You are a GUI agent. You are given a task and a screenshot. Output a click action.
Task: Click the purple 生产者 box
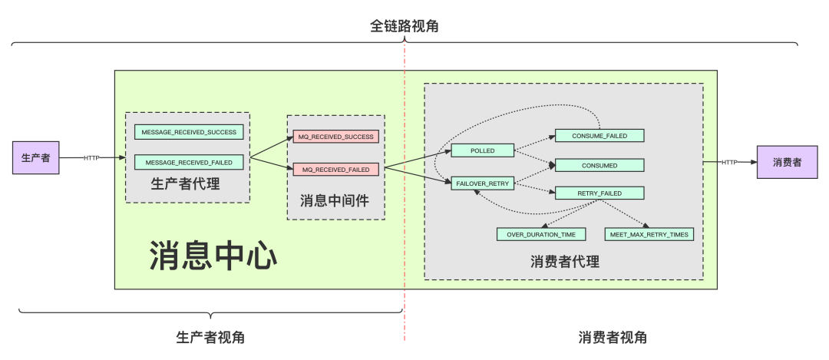(36, 158)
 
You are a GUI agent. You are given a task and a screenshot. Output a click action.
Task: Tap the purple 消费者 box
(787, 162)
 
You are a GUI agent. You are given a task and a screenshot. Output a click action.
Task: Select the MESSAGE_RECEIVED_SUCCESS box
(189, 132)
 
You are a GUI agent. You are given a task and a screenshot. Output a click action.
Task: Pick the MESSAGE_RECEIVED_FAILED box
(189, 162)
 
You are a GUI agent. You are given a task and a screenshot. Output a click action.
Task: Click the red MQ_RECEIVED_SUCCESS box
(336, 137)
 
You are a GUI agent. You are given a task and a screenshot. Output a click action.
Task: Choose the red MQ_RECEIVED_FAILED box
(336, 169)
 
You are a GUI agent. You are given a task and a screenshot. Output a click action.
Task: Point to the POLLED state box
(483, 150)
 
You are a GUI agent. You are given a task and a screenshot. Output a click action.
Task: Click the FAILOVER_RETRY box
(483, 183)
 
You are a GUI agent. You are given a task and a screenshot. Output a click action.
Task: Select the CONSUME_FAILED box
(599, 136)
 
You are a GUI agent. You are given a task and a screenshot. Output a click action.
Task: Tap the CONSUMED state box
(599, 165)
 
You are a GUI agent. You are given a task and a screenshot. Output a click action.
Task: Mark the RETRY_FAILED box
(599, 193)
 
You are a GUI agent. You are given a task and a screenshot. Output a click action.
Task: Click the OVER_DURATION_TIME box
(541, 234)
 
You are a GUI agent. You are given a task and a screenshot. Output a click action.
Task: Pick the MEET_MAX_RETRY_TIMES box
(649, 234)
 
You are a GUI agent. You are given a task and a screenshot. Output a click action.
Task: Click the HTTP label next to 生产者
(91, 158)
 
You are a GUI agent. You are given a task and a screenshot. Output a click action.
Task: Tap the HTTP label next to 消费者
(729, 162)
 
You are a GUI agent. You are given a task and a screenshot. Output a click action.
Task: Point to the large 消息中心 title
(213, 256)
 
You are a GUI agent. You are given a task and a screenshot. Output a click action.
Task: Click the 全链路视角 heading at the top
(405, 26)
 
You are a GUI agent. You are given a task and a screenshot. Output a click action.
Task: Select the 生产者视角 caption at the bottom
(210, 337)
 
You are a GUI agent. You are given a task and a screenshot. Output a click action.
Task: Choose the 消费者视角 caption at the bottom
(613, 337)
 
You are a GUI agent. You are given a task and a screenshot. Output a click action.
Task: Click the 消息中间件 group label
(335, 201)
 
